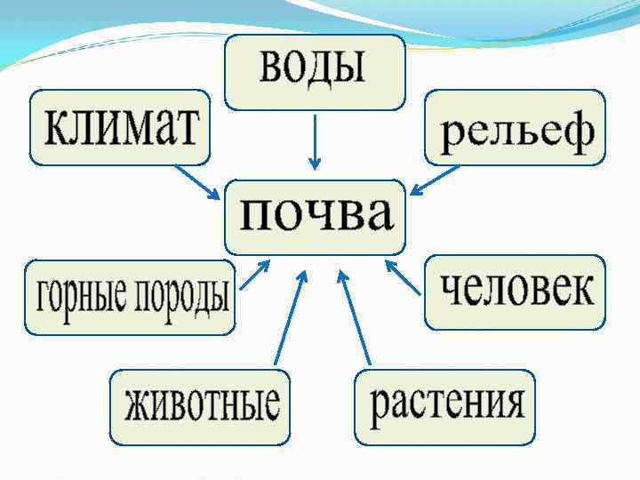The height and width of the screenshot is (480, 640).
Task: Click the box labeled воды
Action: [315, 71]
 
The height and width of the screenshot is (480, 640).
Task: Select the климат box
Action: [120, 127]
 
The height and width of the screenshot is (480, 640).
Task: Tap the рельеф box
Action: [516, 127]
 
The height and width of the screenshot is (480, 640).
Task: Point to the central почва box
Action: [316, 216]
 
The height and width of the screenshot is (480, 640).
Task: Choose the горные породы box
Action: [130, 297]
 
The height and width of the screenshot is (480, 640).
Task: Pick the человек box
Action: [515, 292]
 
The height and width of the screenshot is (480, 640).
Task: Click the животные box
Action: [200, 406]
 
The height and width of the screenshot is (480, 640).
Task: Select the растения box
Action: [444, 406]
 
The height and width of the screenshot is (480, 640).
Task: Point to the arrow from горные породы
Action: [255, 275]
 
